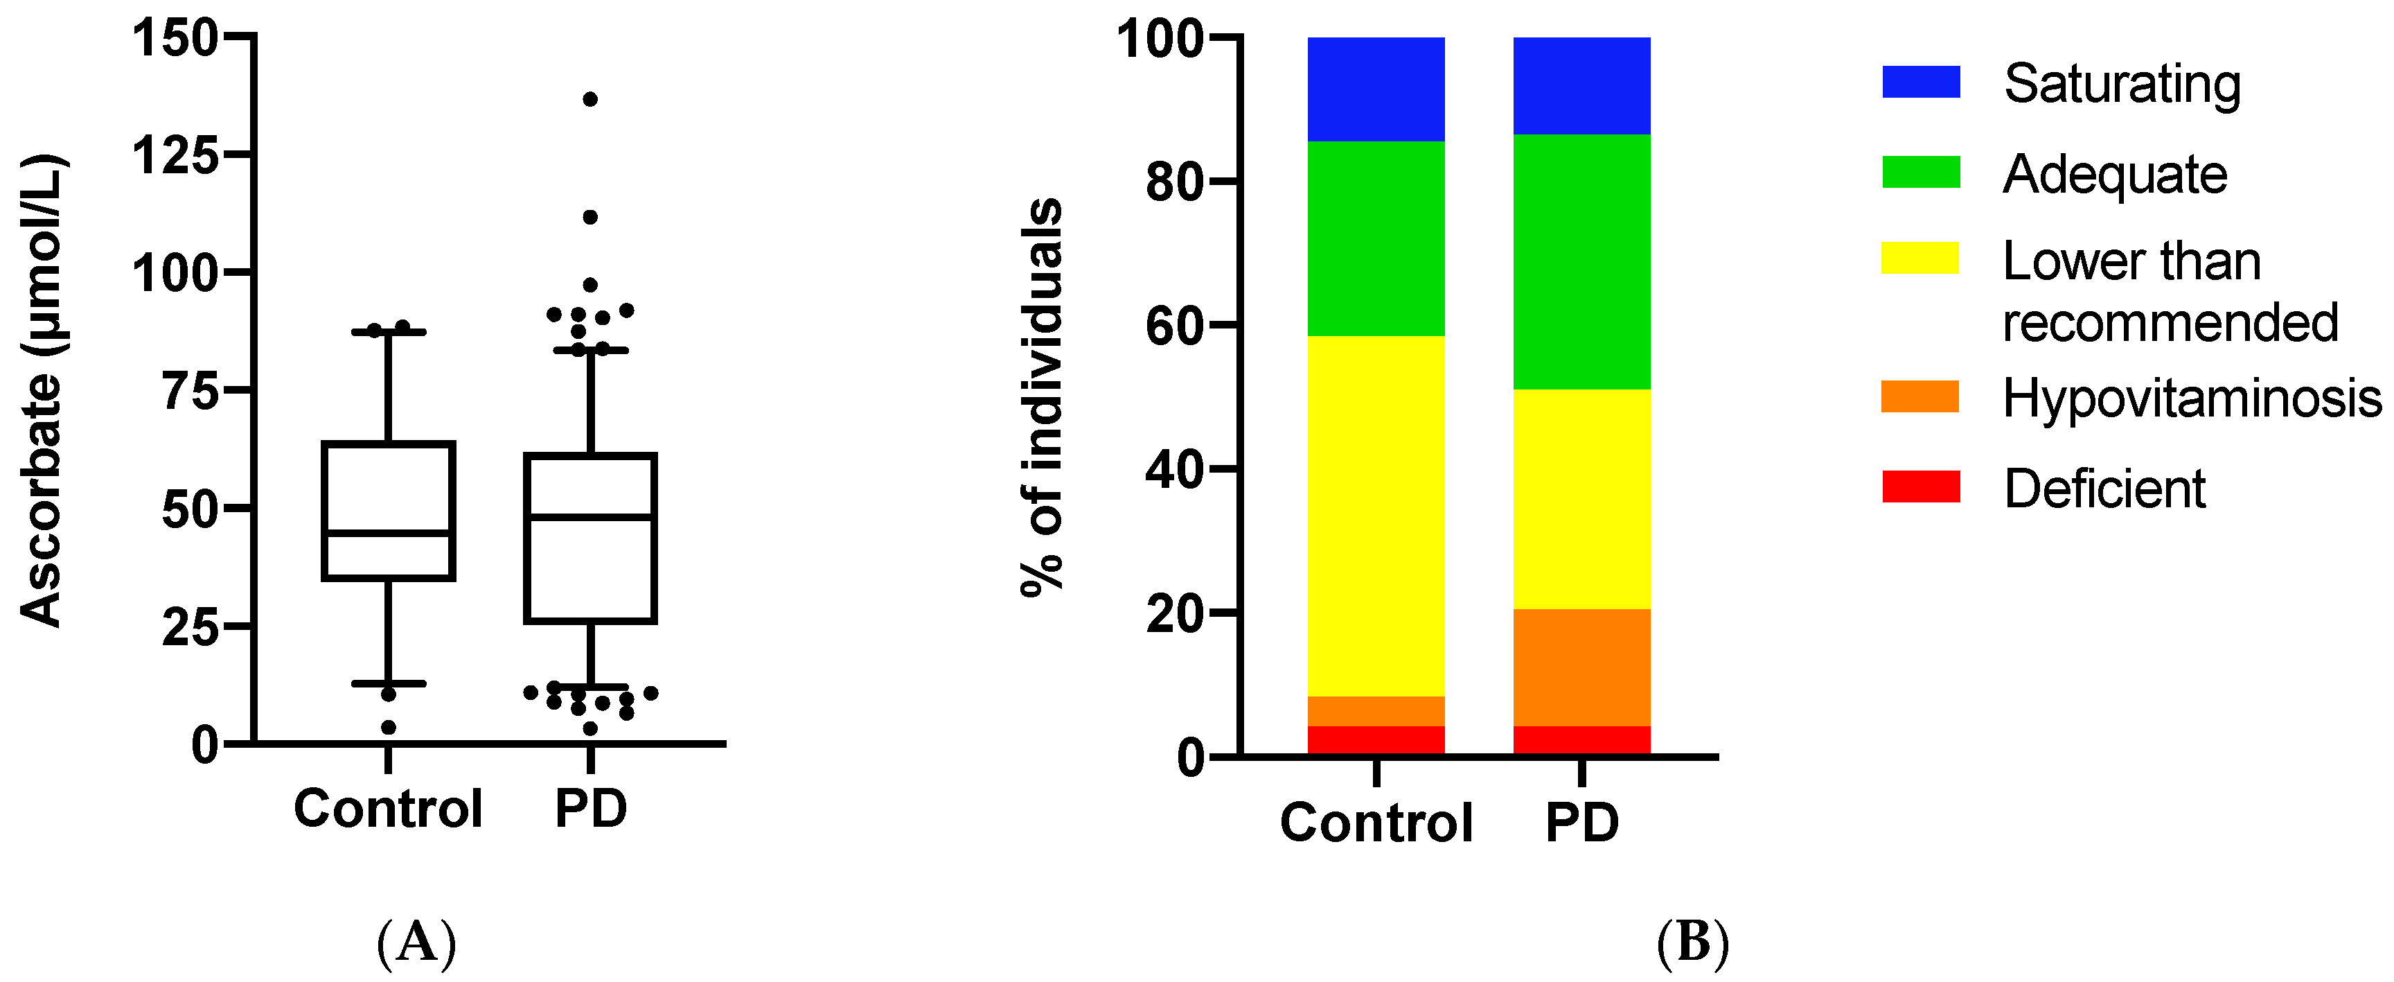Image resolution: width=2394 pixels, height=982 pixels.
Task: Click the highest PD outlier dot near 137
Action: coord(589,100)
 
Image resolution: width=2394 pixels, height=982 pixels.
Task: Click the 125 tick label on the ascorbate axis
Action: coord(175,155)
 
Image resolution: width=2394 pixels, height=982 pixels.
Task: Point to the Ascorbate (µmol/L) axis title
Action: coord(42,391)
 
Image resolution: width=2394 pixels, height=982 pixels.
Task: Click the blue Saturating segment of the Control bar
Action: coord(1376,89)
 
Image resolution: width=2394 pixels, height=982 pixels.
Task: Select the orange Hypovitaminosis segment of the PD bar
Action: coord(1581,667)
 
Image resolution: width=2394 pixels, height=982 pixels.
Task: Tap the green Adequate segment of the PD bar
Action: coord(1581,261)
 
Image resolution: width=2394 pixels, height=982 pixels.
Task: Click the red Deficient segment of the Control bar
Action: coord(1376,740)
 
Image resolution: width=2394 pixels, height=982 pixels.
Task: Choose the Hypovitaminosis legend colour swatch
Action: coord(1920,396)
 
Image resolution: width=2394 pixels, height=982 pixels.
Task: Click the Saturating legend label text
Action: coord(2122,84)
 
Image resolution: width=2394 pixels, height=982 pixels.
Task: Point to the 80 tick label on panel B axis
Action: coord(1175,182)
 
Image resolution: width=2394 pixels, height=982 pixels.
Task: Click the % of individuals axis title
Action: coord(1042,395)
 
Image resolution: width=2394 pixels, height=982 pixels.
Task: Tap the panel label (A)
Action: coord(416,941)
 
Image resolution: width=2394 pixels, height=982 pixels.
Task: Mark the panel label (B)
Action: coord(1692,941)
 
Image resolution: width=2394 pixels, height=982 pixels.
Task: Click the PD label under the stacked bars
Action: coord(1581,822)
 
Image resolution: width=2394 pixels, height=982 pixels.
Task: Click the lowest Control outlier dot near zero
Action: coord(389,727)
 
